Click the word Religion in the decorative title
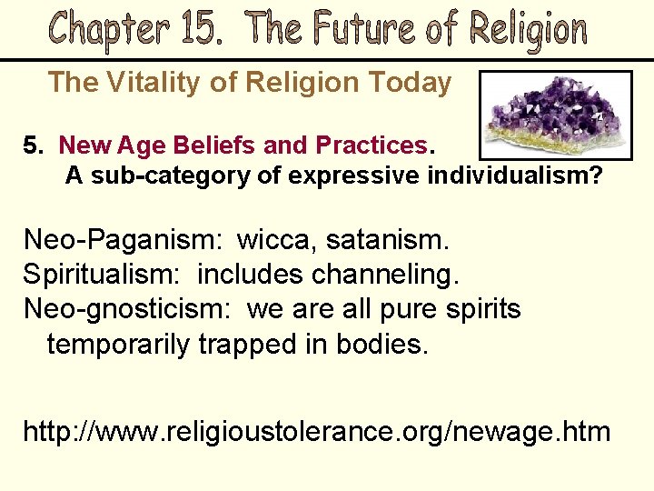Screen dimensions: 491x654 point(529,30)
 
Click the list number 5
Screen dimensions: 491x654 point(33,145)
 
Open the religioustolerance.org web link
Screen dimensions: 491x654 point(316,430)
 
